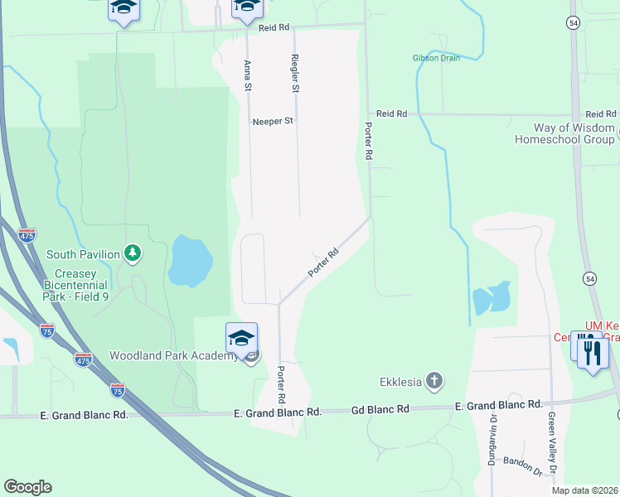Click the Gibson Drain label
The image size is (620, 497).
click(436, 58)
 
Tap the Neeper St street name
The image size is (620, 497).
click(274, 121)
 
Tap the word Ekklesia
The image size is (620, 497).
click(400, 382)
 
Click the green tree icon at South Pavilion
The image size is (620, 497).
click(131, 253)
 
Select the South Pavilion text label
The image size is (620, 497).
click(83, 254)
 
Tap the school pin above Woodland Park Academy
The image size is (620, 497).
click(241, 338)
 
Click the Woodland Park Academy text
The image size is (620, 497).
click(172, 356)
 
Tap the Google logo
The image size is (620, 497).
click(27, 487)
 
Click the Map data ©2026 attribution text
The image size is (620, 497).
click(584, 490)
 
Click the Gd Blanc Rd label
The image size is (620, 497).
click(380, 409)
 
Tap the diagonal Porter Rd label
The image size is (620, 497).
click(323, 263)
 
